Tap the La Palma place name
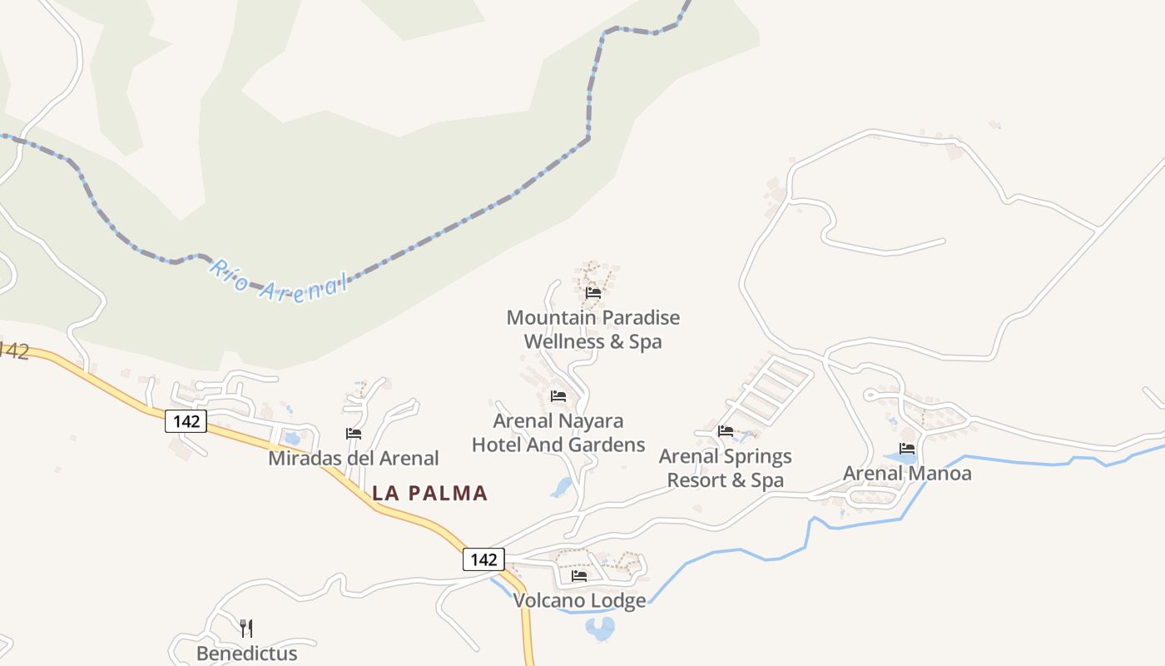pos(429,493)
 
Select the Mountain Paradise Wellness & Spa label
pos(592,330)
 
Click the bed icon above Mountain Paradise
pos(593,293)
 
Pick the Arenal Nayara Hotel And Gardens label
pos(558,433)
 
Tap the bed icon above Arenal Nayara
pos(558,396)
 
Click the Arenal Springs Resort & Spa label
pos(725,469)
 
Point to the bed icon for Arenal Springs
pos(726,431)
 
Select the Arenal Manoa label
pos(907,474)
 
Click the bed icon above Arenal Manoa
pos(907,449)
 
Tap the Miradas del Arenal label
pos(353,458)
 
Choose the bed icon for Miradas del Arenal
pos(354,434)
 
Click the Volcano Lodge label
pos(579,600)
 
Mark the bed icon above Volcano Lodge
pos(579,576)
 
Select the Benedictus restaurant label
pos(246,654)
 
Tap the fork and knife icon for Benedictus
pos(245,628)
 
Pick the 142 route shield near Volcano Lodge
pos(483,559)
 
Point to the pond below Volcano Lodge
pos(599,629)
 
